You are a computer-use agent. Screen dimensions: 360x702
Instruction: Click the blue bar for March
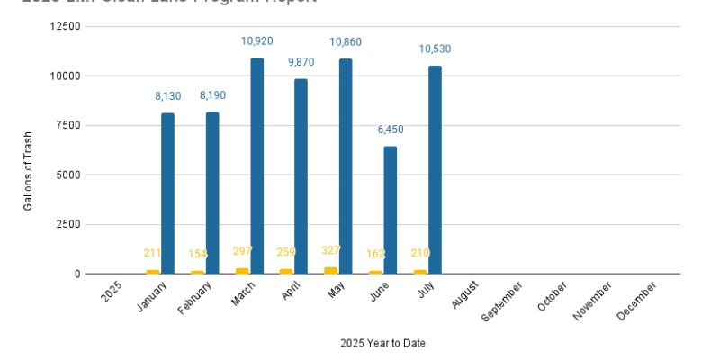(x=257, y=166)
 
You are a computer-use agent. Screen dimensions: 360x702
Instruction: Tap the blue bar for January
(x=168, y=193)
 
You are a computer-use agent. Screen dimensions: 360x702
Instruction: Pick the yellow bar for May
(x=330, y=270)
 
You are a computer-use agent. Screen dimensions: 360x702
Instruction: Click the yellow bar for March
(x=242, y=270)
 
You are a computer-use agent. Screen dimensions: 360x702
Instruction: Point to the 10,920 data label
(x=257, y=41)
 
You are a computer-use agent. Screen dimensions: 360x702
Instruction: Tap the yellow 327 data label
(x=331, y=250)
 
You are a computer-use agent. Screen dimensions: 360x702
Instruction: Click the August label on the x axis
(x=464, y=296)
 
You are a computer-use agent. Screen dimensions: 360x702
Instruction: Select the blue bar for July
(x=435, y=169)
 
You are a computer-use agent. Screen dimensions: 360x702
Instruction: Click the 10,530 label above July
(x=435, y=49)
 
